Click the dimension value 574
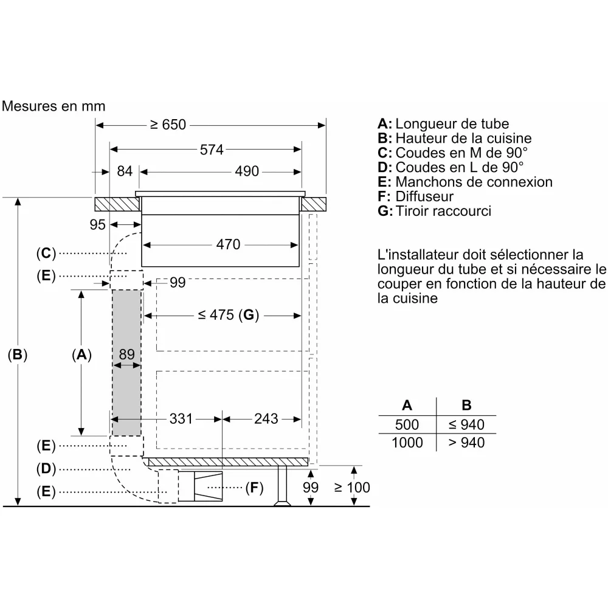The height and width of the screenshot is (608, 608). point(212,150)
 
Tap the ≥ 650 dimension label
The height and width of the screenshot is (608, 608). point(168,125)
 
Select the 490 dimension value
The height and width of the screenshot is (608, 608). point(247,171)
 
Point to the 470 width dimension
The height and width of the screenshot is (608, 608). point(229,244)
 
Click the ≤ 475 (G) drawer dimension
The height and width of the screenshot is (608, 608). point(229,315)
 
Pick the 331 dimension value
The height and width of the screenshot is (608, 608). point(181,419)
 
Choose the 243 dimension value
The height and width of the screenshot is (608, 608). point(266,419)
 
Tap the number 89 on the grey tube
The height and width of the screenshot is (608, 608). point(127,354)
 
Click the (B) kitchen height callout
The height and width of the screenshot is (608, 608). point(18,355)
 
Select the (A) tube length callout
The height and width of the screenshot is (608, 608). point(81,355)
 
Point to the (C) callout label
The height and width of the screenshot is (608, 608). point(46,253)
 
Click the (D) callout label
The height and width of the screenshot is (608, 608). point(46,469)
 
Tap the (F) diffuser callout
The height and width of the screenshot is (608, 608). point(254,488)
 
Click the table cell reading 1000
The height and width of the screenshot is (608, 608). point(407,443)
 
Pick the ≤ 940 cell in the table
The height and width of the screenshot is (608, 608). point(466,424)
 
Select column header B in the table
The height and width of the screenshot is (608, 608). point(466,405)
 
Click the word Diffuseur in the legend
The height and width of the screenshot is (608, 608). point(424,196)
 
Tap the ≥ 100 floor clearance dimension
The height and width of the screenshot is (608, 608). point(351,488)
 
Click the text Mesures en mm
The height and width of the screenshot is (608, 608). point(54,106)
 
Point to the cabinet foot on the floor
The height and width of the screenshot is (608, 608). point(282,486)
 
